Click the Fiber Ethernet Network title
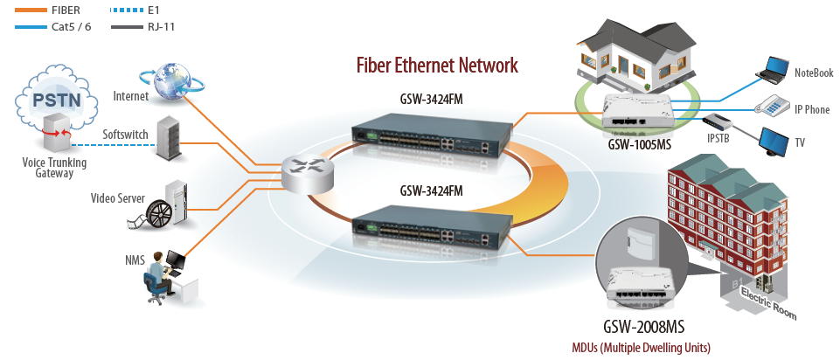(437, 66)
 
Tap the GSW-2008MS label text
(644, 327)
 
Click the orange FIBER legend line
(31, 10)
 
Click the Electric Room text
(768, 303)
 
